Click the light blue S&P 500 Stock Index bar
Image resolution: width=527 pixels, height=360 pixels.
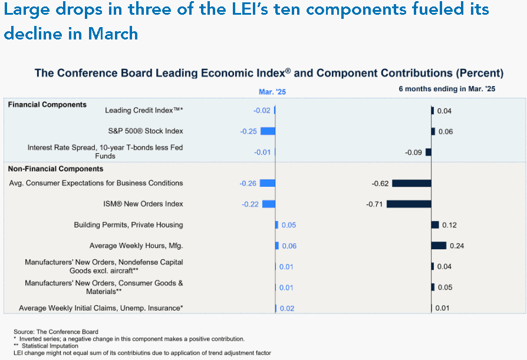tap(268, 131)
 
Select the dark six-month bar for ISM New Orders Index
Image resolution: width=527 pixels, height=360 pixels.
tap(409, 204)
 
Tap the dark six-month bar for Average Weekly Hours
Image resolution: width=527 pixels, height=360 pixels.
tap(439, 246)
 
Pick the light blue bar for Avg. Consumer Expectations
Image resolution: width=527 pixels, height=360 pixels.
tap(268, 183)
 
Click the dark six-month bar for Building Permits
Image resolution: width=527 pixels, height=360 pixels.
tap(435, 224)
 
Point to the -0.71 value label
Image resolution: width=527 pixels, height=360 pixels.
tap(374, 204)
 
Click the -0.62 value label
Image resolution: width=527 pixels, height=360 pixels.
tap(380, 183)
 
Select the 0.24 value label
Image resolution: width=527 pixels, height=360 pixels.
tap(457, 246)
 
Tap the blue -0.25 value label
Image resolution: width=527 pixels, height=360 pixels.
tap(248, 131)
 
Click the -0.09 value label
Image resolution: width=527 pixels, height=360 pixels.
tap(413, 153)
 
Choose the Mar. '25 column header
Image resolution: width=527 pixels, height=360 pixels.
tap(272, 92)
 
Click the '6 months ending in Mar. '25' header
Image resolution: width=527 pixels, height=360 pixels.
tap(447, 89)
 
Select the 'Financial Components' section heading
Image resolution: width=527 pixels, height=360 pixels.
tap(47, 105)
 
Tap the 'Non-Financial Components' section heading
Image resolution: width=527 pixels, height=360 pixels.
tap(55, 169)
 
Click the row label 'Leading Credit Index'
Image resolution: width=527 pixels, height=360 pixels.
tap(144, 111)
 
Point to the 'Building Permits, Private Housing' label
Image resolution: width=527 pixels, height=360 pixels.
tap(129, 225)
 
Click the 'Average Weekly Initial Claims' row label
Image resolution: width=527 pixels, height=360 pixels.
tap(101, 308)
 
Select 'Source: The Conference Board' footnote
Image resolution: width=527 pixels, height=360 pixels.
tap(56, 332)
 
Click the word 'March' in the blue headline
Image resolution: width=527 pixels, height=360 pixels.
tap(113, 34)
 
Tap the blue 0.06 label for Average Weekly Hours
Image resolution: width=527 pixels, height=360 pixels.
tap(289, 246)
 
